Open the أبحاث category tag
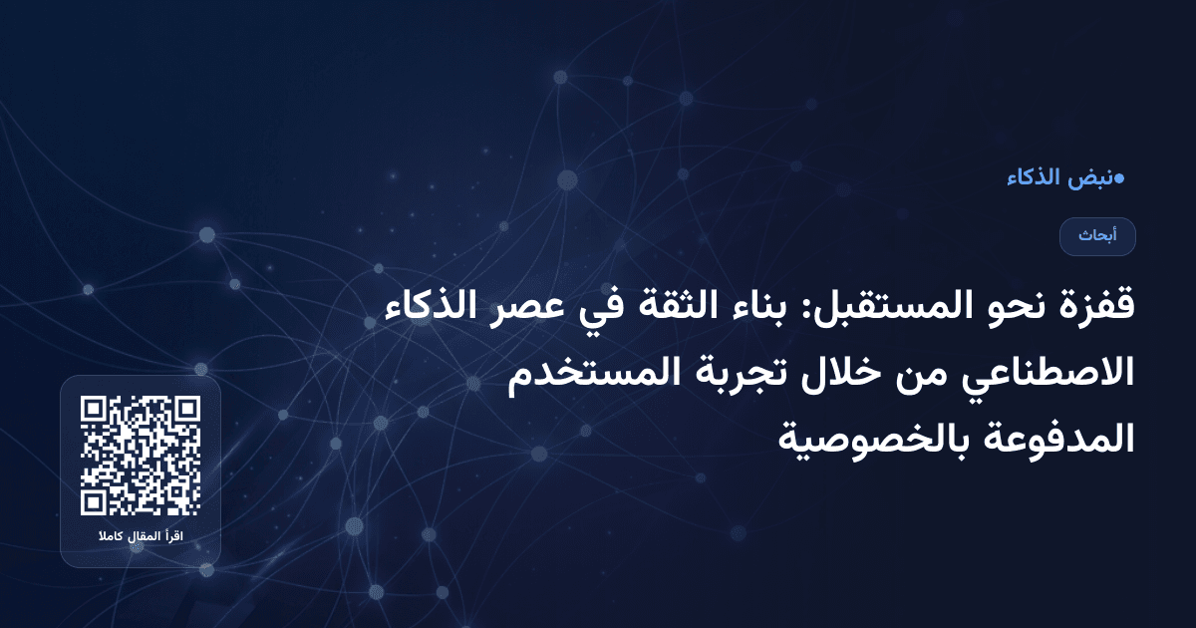point(1097,236)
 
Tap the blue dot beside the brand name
point(1118,178)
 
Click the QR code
point(141,456)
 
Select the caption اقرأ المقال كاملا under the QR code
point(141,537)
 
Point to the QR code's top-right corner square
point(186,410)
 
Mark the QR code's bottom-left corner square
point(95,501)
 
